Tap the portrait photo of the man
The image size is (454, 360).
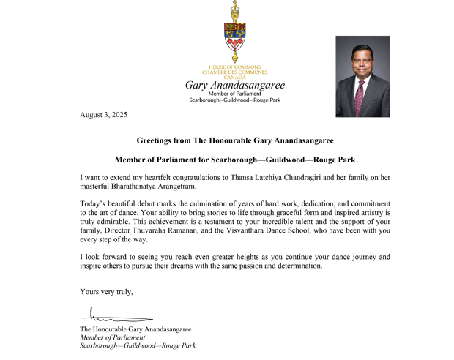pos(362,76)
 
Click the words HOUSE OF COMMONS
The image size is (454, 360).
pos(234,67)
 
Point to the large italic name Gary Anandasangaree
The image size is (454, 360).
pos(234,85)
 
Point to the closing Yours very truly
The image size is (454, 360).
pos(106,292)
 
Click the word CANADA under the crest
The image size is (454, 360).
pos(234,77)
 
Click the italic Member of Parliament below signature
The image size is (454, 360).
pos(112,337)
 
